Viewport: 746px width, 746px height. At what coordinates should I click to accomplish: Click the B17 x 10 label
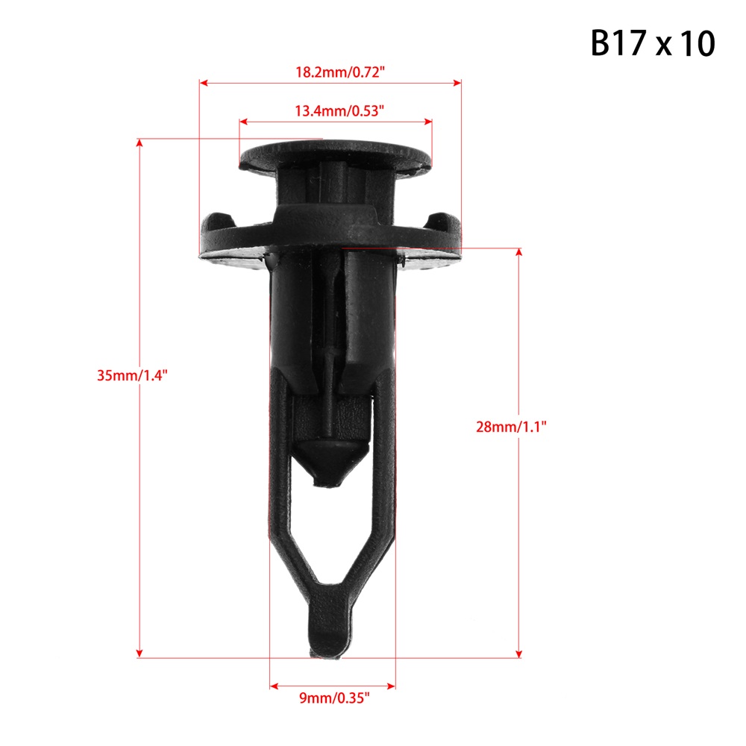click(652, 43)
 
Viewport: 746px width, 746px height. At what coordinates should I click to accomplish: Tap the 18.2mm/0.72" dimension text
click(339, 72)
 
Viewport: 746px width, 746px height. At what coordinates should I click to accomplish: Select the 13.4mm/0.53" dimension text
click(339, 111)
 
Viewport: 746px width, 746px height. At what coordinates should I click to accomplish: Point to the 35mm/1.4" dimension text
click(132, 375)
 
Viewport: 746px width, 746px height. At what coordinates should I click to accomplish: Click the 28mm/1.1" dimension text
click(511, 427)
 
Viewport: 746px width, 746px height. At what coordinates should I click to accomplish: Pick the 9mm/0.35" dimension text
click(334, 698)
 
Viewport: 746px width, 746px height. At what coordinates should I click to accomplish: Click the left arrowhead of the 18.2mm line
click(204, 83)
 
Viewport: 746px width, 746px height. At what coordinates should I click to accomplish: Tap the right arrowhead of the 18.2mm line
click(457, 83)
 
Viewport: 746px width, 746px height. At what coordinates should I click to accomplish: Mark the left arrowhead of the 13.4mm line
click(244, 122)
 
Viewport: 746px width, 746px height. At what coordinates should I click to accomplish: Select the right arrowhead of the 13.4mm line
click(427, 122)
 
